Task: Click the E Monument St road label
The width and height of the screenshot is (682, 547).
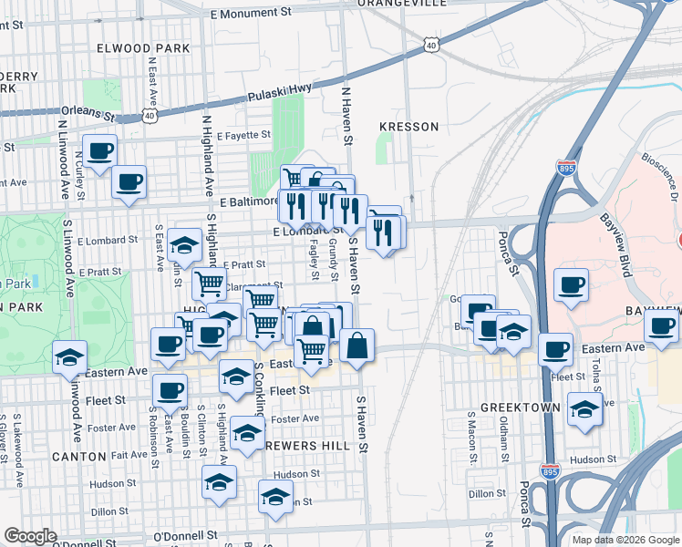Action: point(249,15)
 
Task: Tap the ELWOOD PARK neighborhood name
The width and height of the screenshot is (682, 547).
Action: point(148,47)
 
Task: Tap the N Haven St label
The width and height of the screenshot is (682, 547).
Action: point(346,117)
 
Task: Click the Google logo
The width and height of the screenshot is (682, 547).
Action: point(29,536)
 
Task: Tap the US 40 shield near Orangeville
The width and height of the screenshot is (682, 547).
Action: point(430,43)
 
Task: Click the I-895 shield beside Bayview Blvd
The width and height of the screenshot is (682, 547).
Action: point(564,168)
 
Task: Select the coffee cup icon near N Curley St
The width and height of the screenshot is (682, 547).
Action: point(99,151)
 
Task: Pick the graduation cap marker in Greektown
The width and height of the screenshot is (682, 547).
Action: point(584,409)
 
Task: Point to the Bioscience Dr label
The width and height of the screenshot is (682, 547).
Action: point(664,167)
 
